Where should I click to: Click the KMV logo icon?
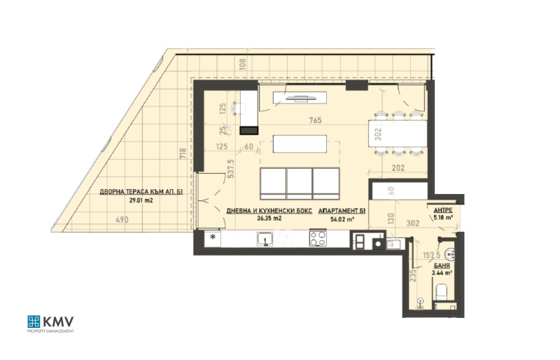(x=34, y=322)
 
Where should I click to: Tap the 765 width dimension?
(x=314, y=120)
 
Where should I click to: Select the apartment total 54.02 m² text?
(x=343, y=218)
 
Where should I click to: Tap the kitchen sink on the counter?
(x=265, y=240)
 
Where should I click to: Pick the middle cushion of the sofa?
(x=299, y=184)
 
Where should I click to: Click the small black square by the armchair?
(x=248, y=130)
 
